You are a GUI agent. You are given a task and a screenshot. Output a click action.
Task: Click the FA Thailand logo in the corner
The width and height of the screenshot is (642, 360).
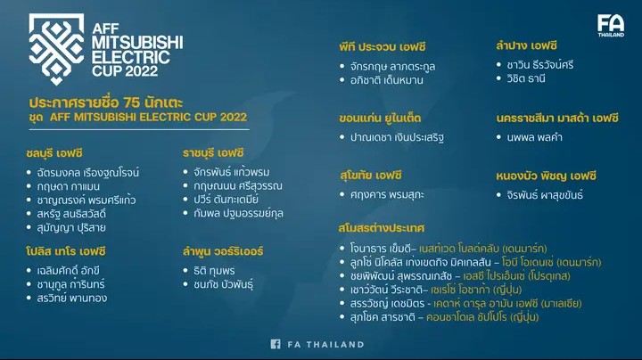click(611, 25)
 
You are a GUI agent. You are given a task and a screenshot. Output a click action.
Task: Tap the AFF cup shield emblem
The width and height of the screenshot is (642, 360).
click(56, 48)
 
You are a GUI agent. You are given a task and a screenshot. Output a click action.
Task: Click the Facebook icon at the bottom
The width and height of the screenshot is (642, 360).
click(276, 344)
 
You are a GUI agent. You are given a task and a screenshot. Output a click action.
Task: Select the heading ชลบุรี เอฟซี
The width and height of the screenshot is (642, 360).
click(54, 153)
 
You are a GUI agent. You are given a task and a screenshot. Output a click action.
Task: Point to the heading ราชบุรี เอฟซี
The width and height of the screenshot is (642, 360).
click(213, 153)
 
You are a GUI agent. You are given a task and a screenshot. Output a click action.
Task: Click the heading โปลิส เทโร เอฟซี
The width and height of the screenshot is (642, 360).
click(66, 251)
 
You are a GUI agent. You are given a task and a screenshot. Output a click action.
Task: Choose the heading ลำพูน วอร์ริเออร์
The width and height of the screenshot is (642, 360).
click(223, 251)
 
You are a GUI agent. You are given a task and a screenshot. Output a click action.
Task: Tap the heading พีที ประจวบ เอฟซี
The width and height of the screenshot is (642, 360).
click(383, 46)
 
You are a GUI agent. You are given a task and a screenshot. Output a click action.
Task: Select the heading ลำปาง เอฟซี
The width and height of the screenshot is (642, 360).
click(527, 45)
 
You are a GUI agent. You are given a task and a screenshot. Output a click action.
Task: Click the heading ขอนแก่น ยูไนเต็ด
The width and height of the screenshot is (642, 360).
click(380, 119)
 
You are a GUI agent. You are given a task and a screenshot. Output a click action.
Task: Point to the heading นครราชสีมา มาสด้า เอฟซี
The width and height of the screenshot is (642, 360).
click(557, 119)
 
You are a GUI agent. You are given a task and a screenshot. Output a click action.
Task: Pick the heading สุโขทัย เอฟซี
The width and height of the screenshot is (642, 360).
click(371, 176)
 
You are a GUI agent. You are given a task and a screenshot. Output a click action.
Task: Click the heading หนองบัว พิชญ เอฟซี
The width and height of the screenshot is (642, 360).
click(547, 176)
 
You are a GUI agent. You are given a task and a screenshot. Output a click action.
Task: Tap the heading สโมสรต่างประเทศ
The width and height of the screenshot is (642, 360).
click(382, 227)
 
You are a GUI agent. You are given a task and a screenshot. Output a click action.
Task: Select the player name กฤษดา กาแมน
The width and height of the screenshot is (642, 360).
click(69, 186)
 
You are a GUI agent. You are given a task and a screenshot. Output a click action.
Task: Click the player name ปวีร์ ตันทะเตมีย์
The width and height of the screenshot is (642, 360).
click(226, 200)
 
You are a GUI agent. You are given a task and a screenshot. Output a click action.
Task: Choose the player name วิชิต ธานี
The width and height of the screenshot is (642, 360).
click(526, 78)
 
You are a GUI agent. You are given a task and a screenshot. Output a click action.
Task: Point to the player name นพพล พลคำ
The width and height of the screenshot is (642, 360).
click(535, 137)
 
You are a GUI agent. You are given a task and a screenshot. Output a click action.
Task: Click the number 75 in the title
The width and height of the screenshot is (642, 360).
click(132, 102)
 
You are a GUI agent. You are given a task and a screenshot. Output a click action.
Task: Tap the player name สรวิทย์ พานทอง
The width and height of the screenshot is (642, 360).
click(72, 298)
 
